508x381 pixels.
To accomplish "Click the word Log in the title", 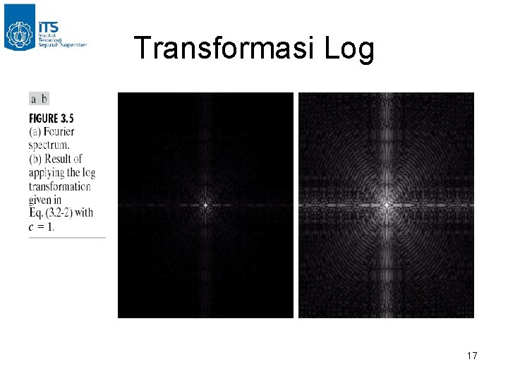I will tap(349, 49).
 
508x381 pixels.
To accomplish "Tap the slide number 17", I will tap(472, 356).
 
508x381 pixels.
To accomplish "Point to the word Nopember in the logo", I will tap(73, 44).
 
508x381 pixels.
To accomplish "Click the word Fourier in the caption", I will tap(59, 132).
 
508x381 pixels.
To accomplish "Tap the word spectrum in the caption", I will tap(50, 145).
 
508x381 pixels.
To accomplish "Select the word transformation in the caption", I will tap(60, 186).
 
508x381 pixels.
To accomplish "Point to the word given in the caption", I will tap(41, 200).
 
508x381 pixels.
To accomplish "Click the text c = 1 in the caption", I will tap(42, 226).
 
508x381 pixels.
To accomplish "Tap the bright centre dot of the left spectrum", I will tap(205, 205).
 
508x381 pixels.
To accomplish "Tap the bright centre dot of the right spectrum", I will tap(386, 205).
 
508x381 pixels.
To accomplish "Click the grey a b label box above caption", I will tap(39, 99).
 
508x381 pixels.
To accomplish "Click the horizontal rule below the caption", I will tap(67, 238).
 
